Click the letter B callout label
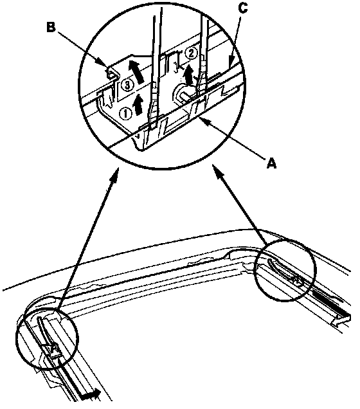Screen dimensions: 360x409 [x=51, y=27]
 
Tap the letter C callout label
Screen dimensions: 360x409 [x=243, y=8]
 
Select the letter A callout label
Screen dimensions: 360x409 [x=271, y=164]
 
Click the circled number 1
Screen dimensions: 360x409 [x=125, y=114]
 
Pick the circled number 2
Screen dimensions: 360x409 [x=191, y=54]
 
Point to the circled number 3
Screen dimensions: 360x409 [x=127, y=85]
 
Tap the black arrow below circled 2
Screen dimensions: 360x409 [x=188, y=74]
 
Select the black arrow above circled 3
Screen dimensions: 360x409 [x=136, y=71]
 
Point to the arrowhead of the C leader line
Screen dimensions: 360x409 [x=231, y=63]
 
